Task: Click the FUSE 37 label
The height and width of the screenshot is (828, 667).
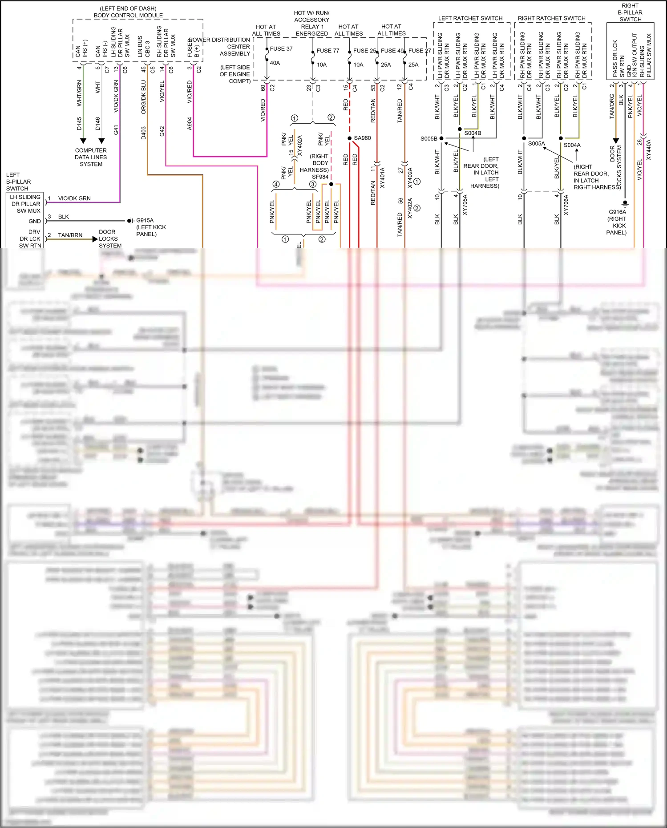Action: pos(281,48)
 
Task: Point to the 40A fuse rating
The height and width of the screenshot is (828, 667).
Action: pos(275,63)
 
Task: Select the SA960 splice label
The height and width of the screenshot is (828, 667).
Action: pos(362,138)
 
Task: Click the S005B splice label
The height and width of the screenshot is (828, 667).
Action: pos(428,138)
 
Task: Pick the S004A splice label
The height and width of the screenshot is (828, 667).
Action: pos(572,145)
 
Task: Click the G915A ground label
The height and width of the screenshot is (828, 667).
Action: pos(145,220)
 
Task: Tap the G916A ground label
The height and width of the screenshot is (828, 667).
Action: pos(617,212)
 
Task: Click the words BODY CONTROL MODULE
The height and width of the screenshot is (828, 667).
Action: pos(128,15)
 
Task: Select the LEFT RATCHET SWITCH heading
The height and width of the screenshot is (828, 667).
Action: pos(470,18)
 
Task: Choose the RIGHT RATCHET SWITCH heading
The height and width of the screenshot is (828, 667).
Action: pos(551,18)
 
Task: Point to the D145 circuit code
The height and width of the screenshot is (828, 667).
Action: pos(79,123)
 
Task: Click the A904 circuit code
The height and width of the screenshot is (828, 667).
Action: pos(189,123)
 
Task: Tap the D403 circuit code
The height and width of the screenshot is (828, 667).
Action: pos(143,133)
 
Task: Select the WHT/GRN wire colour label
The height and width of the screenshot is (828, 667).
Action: pos(79,93)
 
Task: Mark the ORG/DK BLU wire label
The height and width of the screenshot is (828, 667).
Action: pos(143,97)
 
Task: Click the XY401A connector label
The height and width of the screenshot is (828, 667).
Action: pos(382,178)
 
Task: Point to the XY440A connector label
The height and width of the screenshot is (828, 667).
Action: pos(648,150)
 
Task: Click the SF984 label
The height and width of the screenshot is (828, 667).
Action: pos(320,177)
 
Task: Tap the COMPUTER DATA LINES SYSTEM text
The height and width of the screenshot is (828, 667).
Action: pos(91,157)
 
